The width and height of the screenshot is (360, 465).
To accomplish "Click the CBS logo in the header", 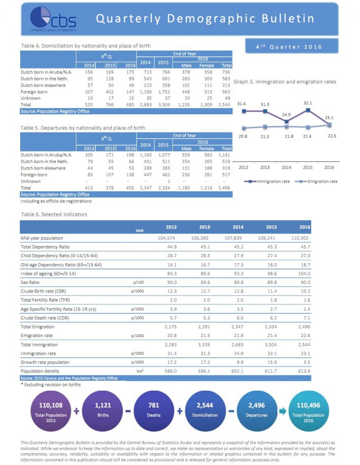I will (52, 19).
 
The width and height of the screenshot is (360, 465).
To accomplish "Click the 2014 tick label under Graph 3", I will (286, 167).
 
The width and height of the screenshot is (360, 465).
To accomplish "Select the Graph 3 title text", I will (284, 81).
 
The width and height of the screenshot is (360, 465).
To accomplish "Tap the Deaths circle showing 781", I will (154, 410).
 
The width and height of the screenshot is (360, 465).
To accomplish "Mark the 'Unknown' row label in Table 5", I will (30, 181).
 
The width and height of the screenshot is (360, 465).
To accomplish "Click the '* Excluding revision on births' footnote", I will (51, 384).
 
